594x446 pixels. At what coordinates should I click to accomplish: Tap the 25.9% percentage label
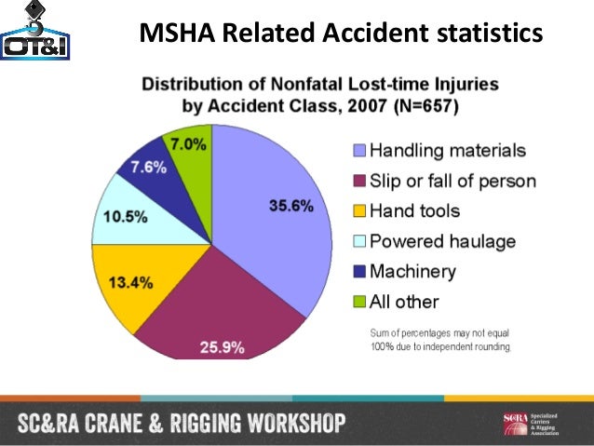click(x=223, y=349)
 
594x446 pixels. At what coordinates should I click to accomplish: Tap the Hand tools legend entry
click(x=415, y=210)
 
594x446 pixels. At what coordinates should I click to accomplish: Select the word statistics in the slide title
click(x=491, y=34)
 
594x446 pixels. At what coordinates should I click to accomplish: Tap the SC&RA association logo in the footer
click(x=540, y=425)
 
